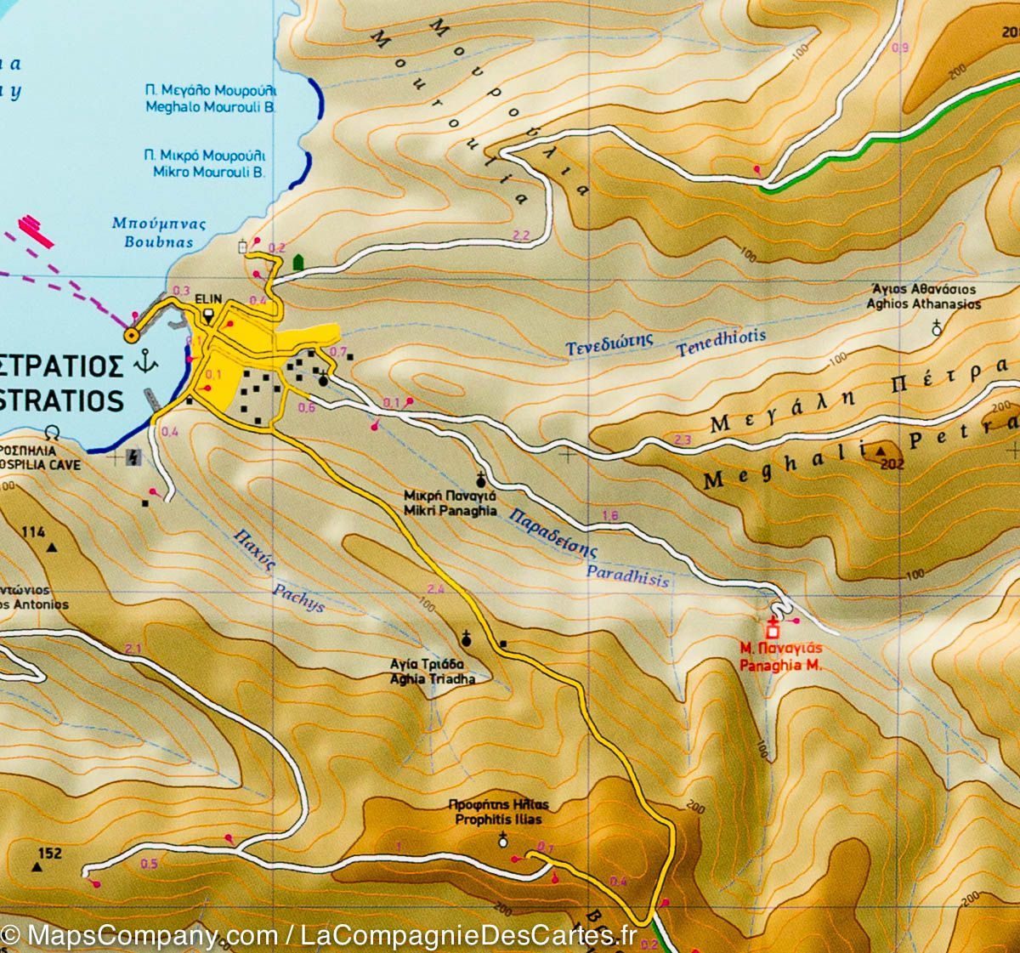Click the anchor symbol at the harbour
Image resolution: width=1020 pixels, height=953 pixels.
point(147,362)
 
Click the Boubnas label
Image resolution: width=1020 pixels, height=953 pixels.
point(153,241)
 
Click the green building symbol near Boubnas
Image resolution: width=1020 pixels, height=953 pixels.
point(297,262)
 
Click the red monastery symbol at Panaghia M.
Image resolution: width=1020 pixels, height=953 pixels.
point(773,630)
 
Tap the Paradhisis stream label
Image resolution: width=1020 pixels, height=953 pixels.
point(627,573)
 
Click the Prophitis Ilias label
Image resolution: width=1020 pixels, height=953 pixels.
point(497,820)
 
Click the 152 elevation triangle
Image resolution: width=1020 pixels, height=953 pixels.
point(37,867)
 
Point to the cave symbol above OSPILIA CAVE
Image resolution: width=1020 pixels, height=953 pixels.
point(54,431)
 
